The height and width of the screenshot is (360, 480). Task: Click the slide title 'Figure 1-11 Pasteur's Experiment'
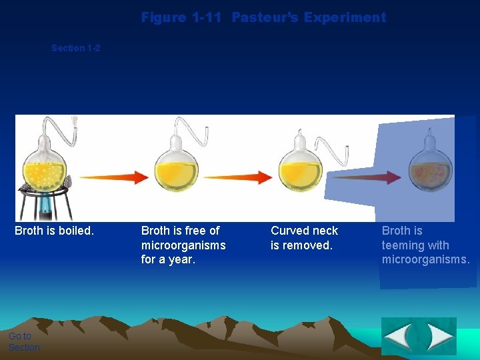(x=263, y=17)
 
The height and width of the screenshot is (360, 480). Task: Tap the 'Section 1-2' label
(x=76, y=48)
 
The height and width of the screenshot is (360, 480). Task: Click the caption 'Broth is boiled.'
(x=55, y=231)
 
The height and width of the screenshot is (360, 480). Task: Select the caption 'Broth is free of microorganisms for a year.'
(x=183, y=245)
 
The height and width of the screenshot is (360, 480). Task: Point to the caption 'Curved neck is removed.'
(x=304, y=237)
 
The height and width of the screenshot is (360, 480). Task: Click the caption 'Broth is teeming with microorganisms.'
(x=425, y=245)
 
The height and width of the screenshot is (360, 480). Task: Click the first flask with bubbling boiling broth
(x=45, y=167)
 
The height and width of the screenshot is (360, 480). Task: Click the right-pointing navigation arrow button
(x=439, y=337)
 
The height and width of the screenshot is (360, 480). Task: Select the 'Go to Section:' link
(x=25, y=341)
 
